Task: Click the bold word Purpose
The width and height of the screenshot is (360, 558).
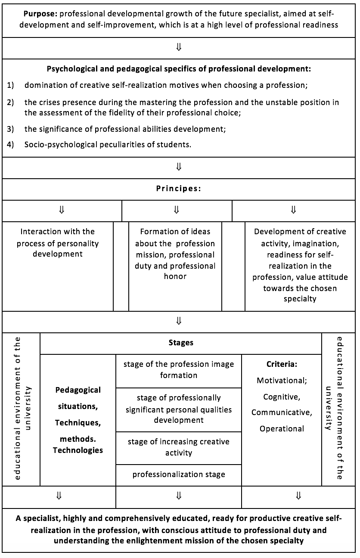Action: (x=40, y=14)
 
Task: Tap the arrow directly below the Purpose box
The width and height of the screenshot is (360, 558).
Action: (x=179, y=47)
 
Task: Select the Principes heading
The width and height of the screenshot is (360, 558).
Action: (x=178, y=189)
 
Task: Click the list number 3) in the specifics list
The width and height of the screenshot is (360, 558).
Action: (x=10, y=129)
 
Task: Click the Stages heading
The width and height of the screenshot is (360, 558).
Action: (x=181, y=343)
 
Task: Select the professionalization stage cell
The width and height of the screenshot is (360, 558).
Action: (x=179, y=474)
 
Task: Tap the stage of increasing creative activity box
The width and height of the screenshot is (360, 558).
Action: (x=179, y=448)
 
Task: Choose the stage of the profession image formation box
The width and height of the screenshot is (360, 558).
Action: (x=179, y=371)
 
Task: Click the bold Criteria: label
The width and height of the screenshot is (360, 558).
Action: (x=282, y=364)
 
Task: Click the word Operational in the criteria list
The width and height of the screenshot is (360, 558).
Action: (x=282, y=429)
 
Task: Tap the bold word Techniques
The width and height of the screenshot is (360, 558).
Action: (x=77, y=423)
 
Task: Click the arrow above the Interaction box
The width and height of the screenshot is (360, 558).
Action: (x=62, y=210)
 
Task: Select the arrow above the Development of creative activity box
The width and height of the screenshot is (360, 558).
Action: (x=294, y=210)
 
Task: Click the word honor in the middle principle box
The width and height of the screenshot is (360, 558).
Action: (x=175, y=276)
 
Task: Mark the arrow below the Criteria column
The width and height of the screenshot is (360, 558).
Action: (x=298, y=496)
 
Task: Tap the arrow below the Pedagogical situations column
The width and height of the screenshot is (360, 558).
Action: (x=59, y=496)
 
